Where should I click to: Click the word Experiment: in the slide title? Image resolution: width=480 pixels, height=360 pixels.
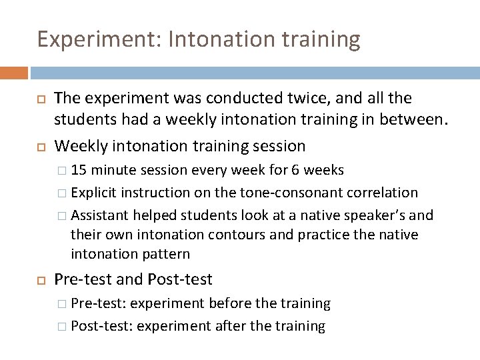coord(83,40)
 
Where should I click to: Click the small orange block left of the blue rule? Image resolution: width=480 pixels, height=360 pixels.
coord(14,73)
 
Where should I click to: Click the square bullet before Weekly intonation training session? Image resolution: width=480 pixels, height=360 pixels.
coord(40,145)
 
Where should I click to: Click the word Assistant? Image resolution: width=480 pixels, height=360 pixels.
coord(100,215)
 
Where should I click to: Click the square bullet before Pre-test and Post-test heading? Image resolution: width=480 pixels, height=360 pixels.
coord(40,279)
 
